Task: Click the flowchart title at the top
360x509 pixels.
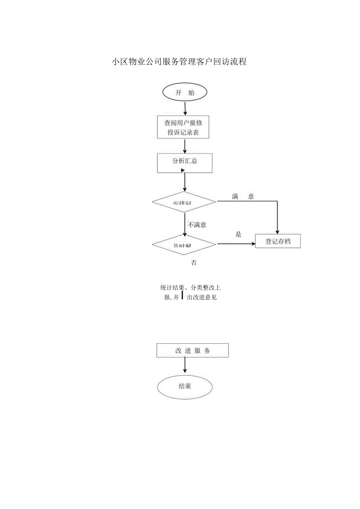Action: [x=179, y=62]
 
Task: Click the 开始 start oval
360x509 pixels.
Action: [x=185, y=93]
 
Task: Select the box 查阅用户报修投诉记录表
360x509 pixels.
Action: [x=184, y=127]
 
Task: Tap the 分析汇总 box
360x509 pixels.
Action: [x=185, y=163]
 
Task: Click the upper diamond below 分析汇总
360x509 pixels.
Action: [x=184, y=202]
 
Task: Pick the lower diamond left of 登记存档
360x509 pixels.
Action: [x=184, y=245]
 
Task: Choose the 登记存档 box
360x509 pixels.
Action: [x=278, y=241]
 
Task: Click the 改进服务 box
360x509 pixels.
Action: [x=193, y=351]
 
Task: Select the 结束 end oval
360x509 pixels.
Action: [x=185, y=387]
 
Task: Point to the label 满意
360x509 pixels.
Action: [x=243, y=196]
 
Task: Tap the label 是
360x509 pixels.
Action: [x=238, y=235]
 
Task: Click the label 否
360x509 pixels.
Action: [x=194, y=263]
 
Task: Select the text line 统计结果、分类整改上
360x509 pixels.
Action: [x=190, y=288]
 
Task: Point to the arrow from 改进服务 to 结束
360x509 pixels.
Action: [x=185, y=366]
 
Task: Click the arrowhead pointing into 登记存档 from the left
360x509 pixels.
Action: [x=252, y=243]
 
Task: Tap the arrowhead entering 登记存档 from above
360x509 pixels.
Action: [x=277, y=232]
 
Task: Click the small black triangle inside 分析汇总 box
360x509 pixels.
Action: [x=183, y=170]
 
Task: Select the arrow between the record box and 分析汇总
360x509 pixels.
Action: [x=185, y=146]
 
